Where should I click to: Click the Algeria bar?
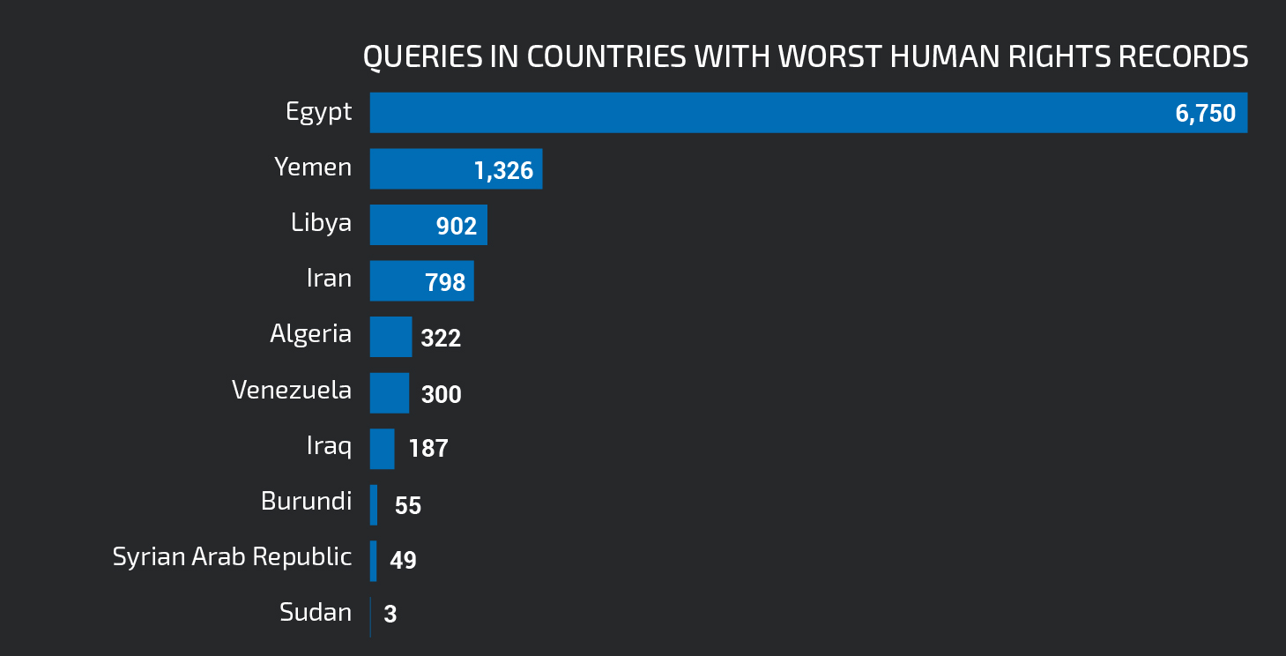(x=390, y=337)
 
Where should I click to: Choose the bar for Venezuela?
(x=389, y=392)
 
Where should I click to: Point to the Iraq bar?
(x=382, y=449)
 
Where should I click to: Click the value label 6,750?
(x=1205, y=114)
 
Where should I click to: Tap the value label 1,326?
(x=503, y=170)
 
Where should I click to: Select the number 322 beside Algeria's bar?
(x=441, y=339)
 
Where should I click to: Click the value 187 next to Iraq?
(x=428, y=449)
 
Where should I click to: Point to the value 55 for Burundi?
(x=408, y=506)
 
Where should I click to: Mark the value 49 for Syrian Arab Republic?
(x=403, y=561)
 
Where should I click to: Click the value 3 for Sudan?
(x=390, y=615)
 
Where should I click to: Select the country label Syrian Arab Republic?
(x=232, y=557)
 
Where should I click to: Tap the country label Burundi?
(x=306, y=502)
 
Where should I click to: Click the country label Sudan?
(x=316, y=612)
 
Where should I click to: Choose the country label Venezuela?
(x=291, y=390)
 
